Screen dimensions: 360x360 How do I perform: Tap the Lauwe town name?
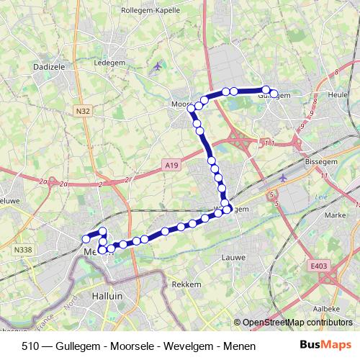(x=234, y=256)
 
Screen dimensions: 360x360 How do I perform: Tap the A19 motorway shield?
(x=171, y=166)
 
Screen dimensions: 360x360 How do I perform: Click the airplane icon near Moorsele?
(x=158, y=67)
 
